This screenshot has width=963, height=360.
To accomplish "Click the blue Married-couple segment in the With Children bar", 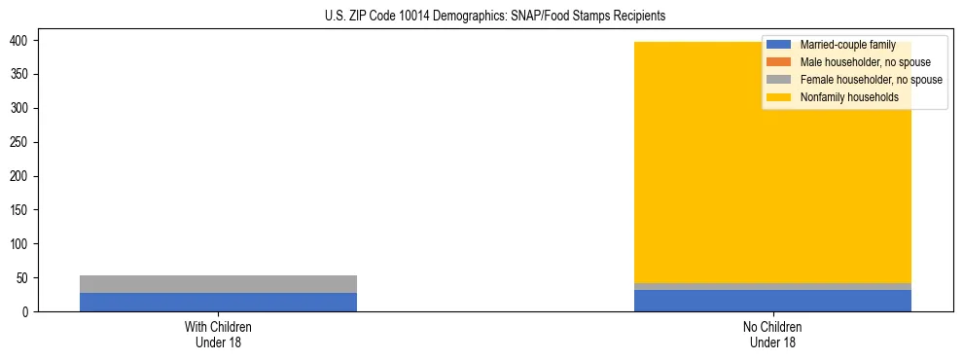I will tap(218, 302).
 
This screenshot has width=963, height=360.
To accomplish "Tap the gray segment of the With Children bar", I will tap(218, 284).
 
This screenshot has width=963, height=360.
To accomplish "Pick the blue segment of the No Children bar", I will tap(772, 301).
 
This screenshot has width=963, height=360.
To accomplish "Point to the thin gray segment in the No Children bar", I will tap(772, 286).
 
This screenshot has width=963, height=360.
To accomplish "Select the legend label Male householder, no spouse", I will tap(865, 62).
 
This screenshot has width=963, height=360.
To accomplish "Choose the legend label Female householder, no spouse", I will tap(871, 80).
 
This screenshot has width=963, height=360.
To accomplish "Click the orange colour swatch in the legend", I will tap(778, 62).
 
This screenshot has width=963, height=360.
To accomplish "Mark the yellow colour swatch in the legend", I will tap(778, 97).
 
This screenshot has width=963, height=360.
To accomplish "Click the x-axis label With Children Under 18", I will tap(218, 334).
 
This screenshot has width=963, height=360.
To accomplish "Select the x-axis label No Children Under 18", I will tap(772, 334).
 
